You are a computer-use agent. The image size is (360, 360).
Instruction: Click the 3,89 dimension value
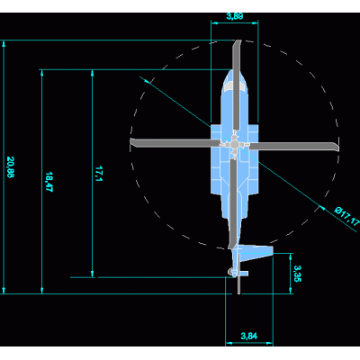click(x=235, y=16)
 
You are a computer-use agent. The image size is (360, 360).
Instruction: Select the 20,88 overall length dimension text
click(x=10, y=167)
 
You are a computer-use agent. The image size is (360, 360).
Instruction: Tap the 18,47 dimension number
click(x=49, y=182)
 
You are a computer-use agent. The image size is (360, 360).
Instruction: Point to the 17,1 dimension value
click(x=99, y=174)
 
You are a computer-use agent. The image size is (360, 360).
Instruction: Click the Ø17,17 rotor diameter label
click(x=347, y=216)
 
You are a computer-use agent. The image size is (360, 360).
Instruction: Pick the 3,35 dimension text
click(x=297, y=274)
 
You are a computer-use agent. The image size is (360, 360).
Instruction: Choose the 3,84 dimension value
click(x=249, y=336)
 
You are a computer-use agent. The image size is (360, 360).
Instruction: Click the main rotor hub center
click(x=234, y=145)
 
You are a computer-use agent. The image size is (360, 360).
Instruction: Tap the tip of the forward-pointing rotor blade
click(x=238, y=40)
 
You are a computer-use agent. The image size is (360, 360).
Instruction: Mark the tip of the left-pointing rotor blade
click(x=131, y=143)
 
